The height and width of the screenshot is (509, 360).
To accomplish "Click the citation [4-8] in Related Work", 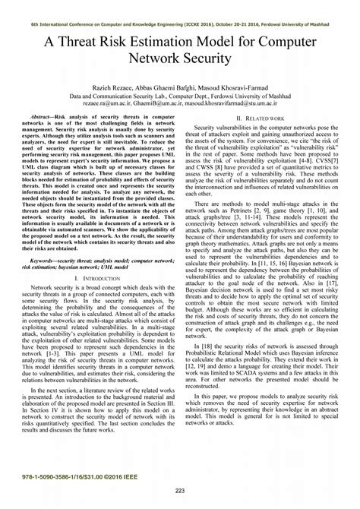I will (x=316, y=161).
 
